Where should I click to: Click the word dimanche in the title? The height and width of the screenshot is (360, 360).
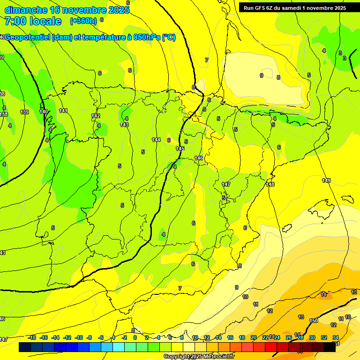tap(26, 10)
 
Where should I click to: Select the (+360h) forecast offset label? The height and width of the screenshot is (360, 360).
tap(83, 21)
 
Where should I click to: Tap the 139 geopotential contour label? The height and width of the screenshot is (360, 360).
tap(24, 112)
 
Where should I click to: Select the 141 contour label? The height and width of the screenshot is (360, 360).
tap(63, 111)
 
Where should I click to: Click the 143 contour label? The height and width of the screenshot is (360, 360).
tap(124, 125)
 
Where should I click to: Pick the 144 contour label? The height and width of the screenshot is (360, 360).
tap(156, 140)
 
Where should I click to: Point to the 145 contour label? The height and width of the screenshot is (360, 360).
tap(180, 149)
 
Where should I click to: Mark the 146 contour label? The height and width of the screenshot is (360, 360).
tap(199, 158)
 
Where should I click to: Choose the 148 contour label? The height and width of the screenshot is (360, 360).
tap(270, 184)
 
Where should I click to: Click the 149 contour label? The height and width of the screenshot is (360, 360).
tap(326, 180)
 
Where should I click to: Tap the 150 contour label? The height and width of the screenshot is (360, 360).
tap(314, 321)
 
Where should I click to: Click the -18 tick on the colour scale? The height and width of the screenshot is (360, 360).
tap(32, 337)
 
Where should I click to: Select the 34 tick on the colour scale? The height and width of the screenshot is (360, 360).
tap(336, 337)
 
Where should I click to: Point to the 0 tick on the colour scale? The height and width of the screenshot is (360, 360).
tap(135, 337)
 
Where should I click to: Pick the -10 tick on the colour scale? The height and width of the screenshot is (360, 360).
tap(78, 337)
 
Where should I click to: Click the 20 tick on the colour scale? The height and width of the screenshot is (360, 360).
tap(253, 337)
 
